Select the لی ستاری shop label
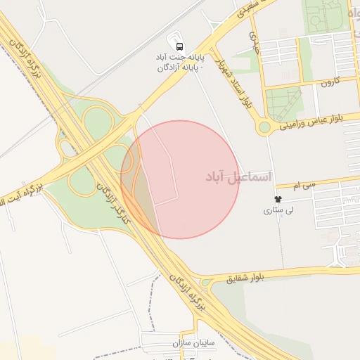[278, 210]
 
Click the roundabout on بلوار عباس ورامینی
[264, 127]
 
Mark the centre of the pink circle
[180, 179]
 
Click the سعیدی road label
[251, 8]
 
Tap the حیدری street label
[253, 40]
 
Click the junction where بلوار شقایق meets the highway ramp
[205, 282]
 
